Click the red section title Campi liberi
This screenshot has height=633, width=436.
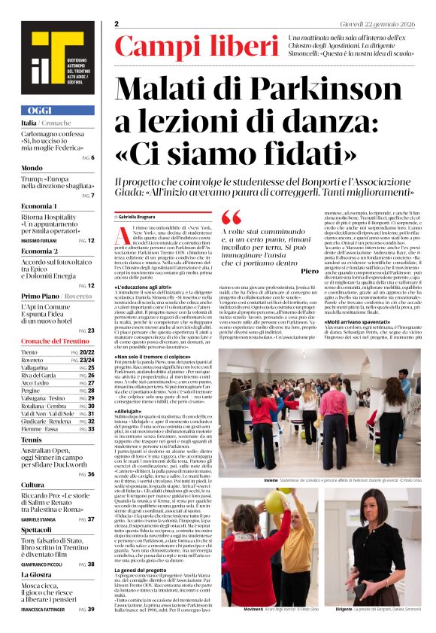[x=196, y=47]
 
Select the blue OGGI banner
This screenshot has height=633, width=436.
[x=58, y=110]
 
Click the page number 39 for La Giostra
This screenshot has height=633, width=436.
[x=91, y=609]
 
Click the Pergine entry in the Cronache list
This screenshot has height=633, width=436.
[x=32, y=391]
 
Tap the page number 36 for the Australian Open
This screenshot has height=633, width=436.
[x=91, y=474]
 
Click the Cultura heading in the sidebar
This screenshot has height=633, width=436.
[x=33, y=485]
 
